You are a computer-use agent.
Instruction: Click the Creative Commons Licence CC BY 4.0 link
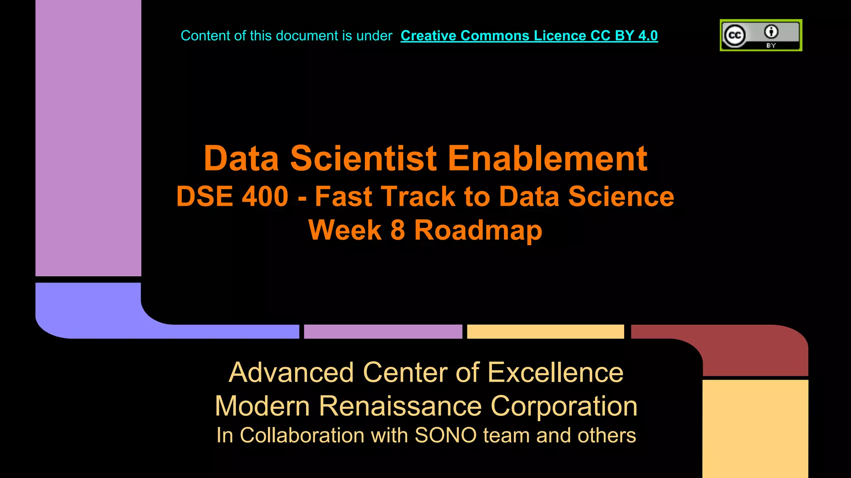(529, 36)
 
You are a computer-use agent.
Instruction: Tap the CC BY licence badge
(761, 35)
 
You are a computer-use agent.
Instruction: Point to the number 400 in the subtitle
(265, 196)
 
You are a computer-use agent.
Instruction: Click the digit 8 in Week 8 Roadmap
(398, 230)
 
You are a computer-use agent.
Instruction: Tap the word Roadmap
(478, 230)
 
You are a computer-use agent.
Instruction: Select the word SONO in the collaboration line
(445, 435)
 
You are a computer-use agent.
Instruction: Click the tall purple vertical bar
(88, 137)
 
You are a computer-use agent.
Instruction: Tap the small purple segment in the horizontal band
(383, 332)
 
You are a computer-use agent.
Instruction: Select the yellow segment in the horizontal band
(545, 332)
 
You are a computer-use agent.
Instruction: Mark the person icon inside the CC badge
(771, 32)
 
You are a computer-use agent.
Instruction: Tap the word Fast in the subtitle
(343, 196)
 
